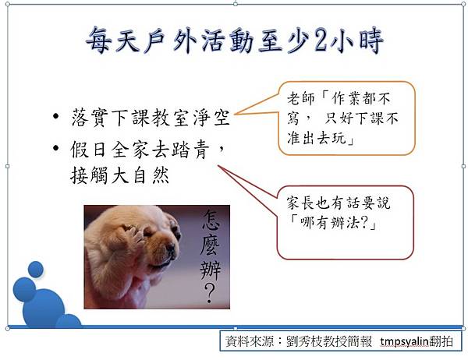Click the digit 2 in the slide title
[x=321, y=41]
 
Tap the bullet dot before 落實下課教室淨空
[x=56, y=116]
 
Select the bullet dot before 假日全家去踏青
[x=56, y=148]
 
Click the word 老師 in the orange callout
[x=301, y=98]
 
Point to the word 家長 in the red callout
[x=300, y=203]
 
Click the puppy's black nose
[x=172, y=249]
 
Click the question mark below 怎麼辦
[x=210, y=293]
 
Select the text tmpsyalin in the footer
[x=404, y=341]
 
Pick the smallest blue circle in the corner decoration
[x=36, y=269]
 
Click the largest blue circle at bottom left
[x=44, y=309]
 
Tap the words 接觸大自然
[x=119, y=175]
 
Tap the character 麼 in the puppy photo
[x=210, y=245]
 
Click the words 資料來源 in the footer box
[x=250, y=341]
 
